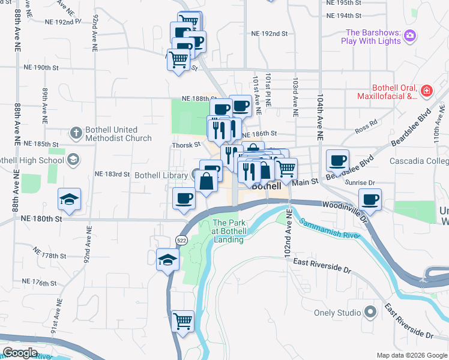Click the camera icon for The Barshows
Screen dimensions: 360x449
pos(411,35)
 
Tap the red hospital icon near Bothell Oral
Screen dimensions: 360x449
pos(426,91)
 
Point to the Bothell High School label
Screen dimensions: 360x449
pos(31,160)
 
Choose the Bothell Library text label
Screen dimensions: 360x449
pos(161,175)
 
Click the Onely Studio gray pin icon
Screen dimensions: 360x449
pos(370,312)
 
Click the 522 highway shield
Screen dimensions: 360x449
pos(181,240)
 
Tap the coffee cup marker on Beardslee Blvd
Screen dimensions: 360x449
pos(338,160)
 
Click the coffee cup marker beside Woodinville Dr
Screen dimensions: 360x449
pos(370,199)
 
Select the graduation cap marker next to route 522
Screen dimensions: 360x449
pos(167,259)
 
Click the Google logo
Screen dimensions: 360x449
pos(21,353)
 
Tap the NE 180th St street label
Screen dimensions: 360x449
pos(41,219)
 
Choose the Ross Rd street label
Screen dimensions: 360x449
pos(366,125)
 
